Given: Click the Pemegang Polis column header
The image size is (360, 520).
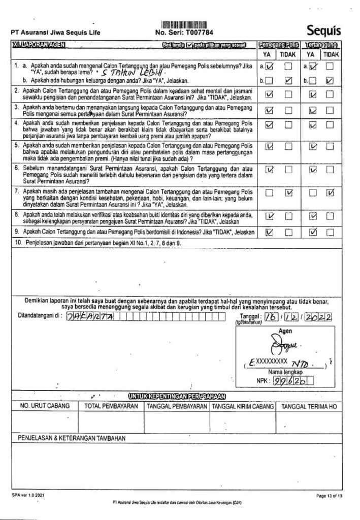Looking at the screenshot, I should click(x=278, y=45).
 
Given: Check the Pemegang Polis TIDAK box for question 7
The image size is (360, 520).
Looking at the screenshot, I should click(x=288, y=192).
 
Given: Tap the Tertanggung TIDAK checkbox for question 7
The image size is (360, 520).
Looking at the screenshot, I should click(x=332, y=192).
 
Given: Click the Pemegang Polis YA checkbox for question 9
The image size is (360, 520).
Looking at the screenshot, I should click(x=269, y=233).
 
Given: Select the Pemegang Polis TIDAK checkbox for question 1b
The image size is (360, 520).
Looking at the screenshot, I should click(x=288, y=80).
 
